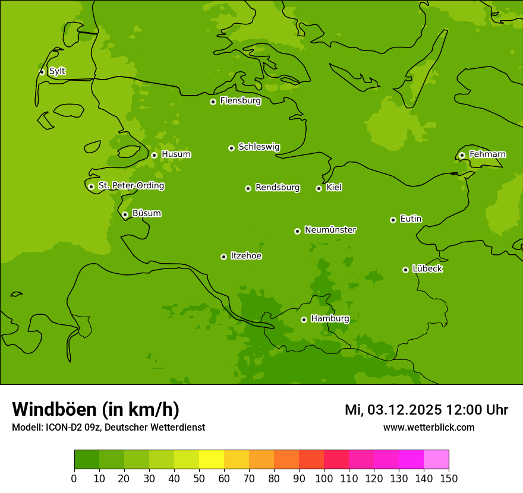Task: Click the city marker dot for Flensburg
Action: coord(213,102)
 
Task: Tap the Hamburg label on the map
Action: coord(330,318)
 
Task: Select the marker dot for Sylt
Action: coord(42,72)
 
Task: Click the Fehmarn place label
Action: coord(487,154)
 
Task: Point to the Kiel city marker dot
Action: coord(319,188)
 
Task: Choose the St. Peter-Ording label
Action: coord(131,186)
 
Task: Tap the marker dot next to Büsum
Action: coord(125,214)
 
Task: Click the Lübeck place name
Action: coord(427,268)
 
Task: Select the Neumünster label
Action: coord(330,230)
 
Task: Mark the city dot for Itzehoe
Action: coord(223,257)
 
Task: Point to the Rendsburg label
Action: coord(278,188)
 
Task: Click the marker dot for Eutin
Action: coord(393,220)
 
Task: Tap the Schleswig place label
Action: coord(259,147)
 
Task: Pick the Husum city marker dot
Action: coord(154,155)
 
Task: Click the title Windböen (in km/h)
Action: coord(96,409)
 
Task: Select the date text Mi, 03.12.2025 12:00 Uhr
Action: coord(426,410)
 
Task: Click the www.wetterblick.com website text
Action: coord(429,428)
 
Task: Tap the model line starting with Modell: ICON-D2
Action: coord(108,428)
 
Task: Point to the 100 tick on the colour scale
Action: coord(324,478)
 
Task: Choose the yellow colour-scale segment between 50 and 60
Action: coord(212,460)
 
